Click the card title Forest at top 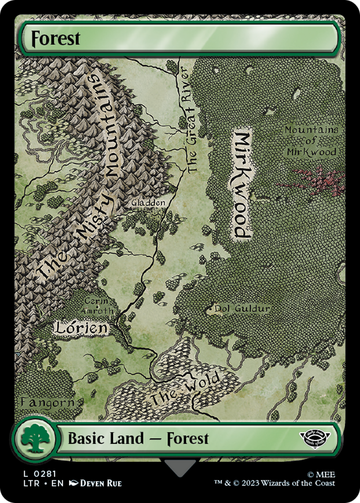point(56,39)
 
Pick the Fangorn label point(47,402)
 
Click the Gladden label point(148,203)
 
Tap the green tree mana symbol point(34,439)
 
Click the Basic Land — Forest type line point(138,439)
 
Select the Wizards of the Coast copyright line point(274,483)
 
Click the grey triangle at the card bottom point(180,466)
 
